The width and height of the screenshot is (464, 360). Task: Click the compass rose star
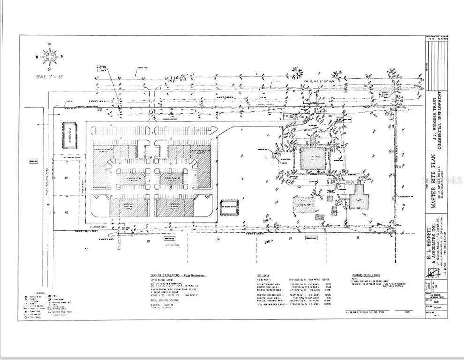[49, 56]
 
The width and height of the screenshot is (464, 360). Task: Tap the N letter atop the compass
[49, 44]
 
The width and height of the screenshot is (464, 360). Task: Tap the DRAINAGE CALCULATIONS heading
[171, 275]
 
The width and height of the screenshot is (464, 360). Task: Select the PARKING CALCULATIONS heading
[366, 275]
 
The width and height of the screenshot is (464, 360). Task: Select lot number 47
[86, 249]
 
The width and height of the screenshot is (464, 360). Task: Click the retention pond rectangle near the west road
[69, 135]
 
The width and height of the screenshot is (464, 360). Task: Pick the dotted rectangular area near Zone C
[304, 205]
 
